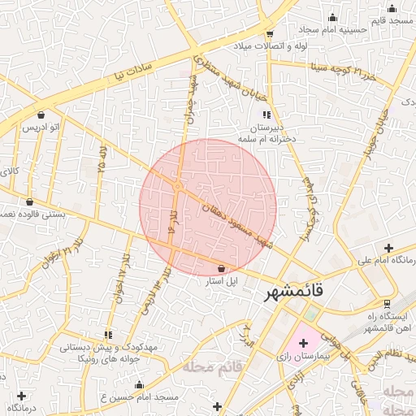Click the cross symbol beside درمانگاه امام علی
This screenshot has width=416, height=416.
coord(388,248)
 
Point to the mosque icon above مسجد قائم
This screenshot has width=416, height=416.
coord(392,9)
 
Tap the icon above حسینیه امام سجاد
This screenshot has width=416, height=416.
coord(331,18)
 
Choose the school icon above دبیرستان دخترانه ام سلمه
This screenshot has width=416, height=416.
coord(266,115)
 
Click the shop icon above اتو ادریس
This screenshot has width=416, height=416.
coord(41,115)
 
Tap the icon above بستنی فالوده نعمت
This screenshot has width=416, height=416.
coord(30,202)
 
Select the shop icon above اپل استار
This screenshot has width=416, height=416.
coord(221,268)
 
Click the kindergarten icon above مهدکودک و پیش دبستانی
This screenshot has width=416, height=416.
coord(108,335)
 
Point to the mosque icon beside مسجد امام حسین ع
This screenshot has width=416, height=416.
coord(139,384)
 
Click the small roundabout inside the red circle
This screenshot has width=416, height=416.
coord(177,187)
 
